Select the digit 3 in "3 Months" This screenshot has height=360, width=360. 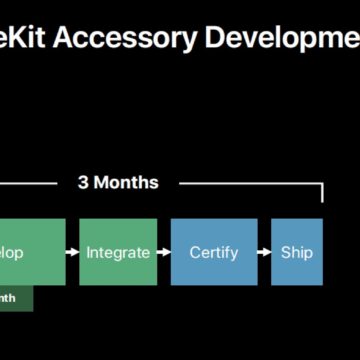tap(84, 183)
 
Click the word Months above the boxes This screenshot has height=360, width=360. tap(125, 183)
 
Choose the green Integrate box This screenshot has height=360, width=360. tap(118, 252)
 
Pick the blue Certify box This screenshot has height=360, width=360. tap(214, 252)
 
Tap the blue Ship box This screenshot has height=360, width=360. tap(297, 252)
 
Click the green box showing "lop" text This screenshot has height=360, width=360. tap(30, 252)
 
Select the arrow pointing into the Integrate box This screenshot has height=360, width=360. tap(73, 253)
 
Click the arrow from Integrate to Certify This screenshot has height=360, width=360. tap(164, 253)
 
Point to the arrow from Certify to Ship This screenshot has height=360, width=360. tap(264, 253)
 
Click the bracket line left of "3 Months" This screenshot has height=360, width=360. tap(30, 183)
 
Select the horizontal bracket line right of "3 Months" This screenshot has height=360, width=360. tap(250, 183)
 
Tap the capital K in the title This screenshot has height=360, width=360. tap(22, 38)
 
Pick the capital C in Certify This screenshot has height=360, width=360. tap(196, 252)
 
